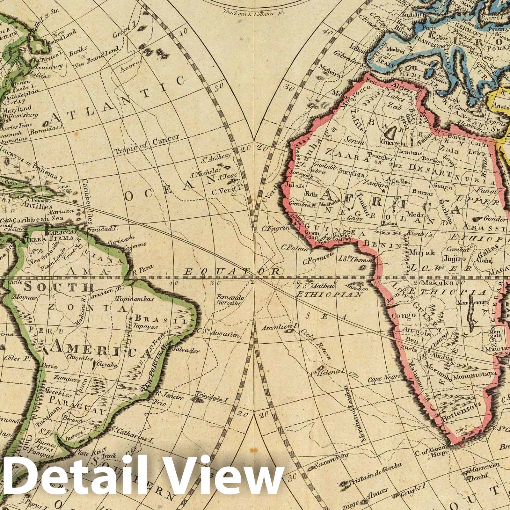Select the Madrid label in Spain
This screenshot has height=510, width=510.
click(x=395, y=51)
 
